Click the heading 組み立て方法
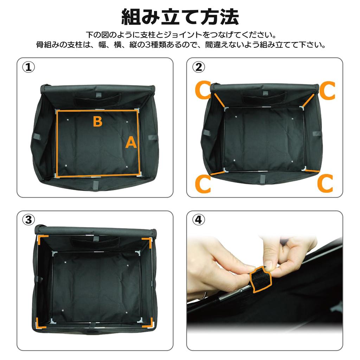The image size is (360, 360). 180,17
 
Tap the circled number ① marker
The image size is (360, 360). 28,67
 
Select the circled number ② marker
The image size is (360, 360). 198,67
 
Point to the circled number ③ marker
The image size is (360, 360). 28,220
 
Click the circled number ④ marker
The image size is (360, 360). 198,220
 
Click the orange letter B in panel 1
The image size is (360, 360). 97,122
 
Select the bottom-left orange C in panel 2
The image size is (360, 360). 203,184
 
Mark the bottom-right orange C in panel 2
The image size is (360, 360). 325,184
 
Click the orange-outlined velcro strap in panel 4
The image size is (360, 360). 261,280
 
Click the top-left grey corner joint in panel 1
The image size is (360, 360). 57,110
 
